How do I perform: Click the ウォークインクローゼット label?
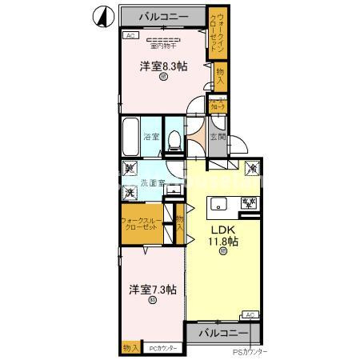pos(218,30)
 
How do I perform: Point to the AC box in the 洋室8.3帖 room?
pos(129,36)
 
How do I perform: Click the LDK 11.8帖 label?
pos(222,235)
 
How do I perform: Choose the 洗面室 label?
pos(152,183)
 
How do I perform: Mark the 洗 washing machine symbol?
pos(129,193)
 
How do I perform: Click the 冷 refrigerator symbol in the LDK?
pos(250,169)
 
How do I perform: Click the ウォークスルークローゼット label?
pos(144,223)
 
